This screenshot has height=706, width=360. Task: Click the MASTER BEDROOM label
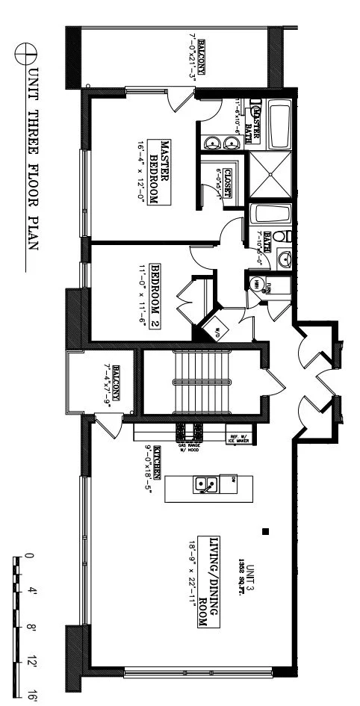click(x=161, y=172)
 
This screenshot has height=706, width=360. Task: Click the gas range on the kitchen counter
click(x=187, y=433)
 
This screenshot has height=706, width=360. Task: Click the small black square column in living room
click(x=265, y=532)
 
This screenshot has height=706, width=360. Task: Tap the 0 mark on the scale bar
click(x=30, y=556)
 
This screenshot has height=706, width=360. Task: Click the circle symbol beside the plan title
click(x=30, y=51)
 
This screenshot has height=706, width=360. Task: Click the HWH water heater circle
click(x=255, y=285)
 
